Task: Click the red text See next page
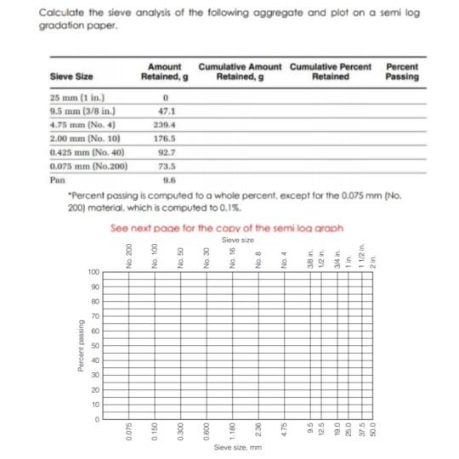click(226, 228)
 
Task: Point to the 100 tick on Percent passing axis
click(93, 271)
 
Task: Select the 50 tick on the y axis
click(96, 345)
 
